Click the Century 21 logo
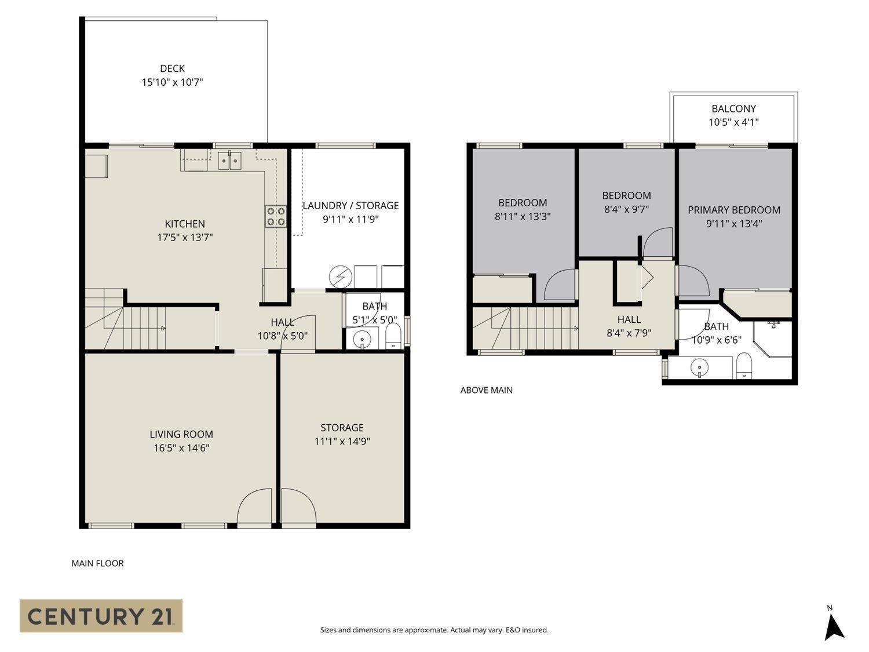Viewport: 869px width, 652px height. click(x=101, y=615)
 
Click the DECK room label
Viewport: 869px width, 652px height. click(x=172, y=68)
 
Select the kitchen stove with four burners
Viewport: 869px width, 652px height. click(x=276, y=216)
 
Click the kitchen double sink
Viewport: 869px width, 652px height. click(x=230, y=161)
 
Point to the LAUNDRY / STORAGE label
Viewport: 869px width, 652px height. click(x=350, y=205)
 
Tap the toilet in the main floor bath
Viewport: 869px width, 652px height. click(x=393, y=337)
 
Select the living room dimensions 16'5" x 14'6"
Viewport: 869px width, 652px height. click(x=181, y=447)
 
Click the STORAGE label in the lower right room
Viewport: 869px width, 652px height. click(x=342, y=427)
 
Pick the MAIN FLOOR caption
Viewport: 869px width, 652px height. click(x=97, y=563)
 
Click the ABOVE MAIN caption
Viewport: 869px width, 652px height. click(x=486, y=390)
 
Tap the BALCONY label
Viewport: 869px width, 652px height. click(x=733, y=108)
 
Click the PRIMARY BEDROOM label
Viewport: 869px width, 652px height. click(x=733, y=210)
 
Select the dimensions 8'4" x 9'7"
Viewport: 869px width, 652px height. click(x=626, y=209)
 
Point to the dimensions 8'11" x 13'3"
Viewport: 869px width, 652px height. click(x=522, y=216)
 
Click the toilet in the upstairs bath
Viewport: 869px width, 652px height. click(x=743, y=366)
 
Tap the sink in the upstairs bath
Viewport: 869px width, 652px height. click(x=700, y=367)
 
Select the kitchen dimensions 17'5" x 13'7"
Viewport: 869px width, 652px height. click(x=185, y=237)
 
